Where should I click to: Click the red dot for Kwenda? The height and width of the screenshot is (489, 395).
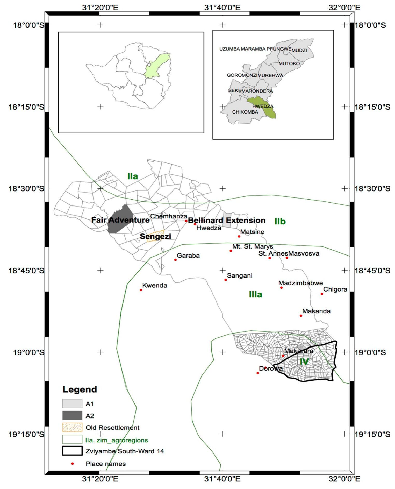[x=141, y=290]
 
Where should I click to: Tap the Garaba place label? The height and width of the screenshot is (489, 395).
[x=188, y=256]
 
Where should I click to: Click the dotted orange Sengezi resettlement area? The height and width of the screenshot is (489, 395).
[x=155, y=237]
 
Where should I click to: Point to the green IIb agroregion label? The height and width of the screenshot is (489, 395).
[x=280, y=221]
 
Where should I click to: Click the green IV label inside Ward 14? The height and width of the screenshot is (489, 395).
[x=304, y=362]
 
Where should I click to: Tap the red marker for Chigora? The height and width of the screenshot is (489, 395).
[x=322, y=294]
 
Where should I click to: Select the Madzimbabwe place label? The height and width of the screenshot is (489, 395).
[x=300, y=283]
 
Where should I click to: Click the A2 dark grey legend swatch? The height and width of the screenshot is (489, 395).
[x=72, y=415]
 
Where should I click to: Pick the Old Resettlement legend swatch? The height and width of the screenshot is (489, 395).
[x=72, y=427]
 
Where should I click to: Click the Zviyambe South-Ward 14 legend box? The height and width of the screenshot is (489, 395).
[x=72, y=451]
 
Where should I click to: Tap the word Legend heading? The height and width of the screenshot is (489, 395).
[x=80, y=389]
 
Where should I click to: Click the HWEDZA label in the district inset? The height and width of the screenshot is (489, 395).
[x=263, y=106]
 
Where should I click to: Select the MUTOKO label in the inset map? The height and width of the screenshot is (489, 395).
[x=289, y=63]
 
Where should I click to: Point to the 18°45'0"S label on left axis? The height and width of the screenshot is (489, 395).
[x=26, y=271]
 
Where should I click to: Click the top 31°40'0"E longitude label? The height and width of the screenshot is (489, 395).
[x=222, y=7]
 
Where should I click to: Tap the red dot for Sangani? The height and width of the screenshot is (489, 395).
[x=226, y=280]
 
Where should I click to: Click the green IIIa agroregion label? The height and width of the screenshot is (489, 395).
[x=255, y=295]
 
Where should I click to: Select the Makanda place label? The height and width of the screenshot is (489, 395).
[x=316, y=311]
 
